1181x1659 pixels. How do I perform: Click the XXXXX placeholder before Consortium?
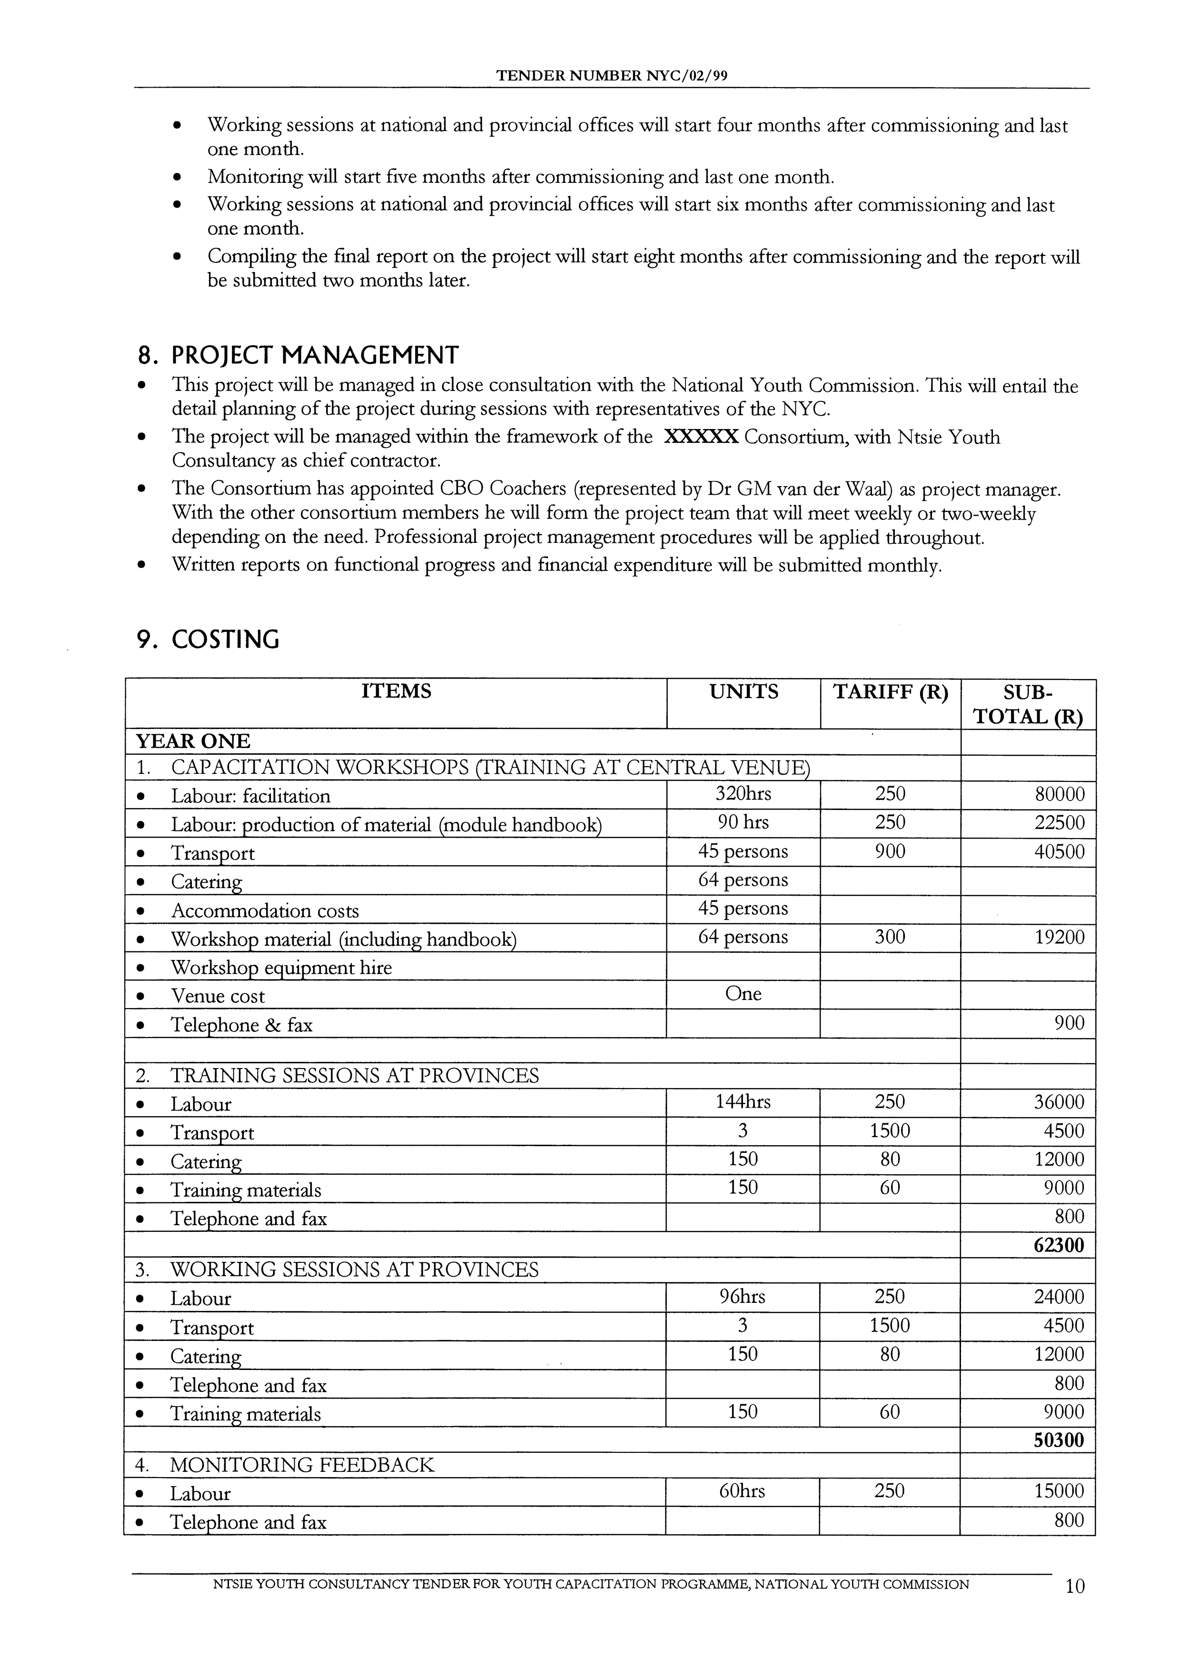point(701,437)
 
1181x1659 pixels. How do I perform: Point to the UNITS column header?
point(743,692)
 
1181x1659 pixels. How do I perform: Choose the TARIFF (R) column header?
point(890,692)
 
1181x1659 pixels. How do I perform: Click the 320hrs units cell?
point(743,793)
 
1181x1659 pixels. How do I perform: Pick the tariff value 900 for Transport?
point(890,851)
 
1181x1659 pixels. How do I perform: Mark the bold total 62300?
point(1058,1245)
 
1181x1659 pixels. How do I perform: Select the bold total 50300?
point(1058,1440)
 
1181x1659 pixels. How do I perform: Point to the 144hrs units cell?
point(743,1102)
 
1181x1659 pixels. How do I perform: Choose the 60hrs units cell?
point(742,1491)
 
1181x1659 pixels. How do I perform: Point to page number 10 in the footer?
point(1074,1607)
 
